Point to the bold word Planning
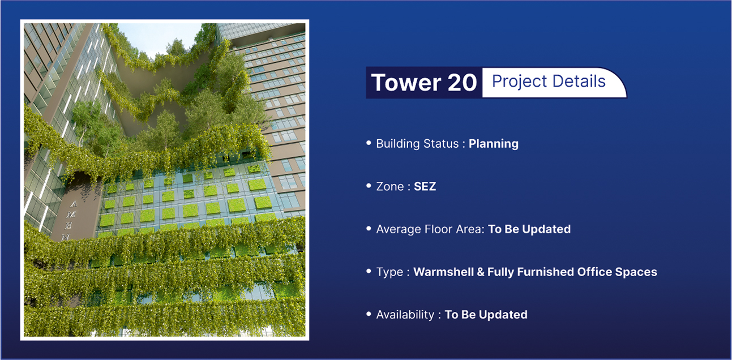[494, 144]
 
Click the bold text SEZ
[425, 187]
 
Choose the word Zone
[390, 187]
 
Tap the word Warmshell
[443, 272]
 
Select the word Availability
[405, 315]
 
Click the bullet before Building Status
[369, 143]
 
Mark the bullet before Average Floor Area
[369, 228]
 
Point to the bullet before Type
[369, 271]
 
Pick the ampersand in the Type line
[481, 272]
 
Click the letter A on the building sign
[74, 204]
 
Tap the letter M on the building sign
[71, 215]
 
